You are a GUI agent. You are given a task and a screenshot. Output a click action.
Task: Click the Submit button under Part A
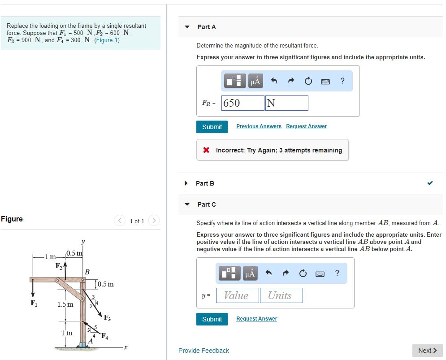[212, 127]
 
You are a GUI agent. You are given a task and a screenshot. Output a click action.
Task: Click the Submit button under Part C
[212, 319]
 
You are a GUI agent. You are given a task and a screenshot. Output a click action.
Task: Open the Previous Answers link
[259, 126]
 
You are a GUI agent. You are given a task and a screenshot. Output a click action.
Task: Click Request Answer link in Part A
[306, 126]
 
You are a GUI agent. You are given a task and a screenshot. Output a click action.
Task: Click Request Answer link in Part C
[256, 319]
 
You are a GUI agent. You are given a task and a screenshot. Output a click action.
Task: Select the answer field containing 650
[242, 103]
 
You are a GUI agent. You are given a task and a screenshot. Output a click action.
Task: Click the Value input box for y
[238, 295]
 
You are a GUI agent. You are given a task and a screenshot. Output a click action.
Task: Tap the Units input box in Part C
[281, 295]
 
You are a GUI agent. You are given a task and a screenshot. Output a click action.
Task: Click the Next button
[427, 351]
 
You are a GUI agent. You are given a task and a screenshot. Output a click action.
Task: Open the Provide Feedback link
[204, 351]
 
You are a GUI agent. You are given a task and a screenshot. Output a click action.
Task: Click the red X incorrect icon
[206, 150]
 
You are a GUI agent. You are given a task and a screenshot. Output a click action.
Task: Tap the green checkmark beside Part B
[430, 183]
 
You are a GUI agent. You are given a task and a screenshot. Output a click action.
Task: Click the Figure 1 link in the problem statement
[107, 40]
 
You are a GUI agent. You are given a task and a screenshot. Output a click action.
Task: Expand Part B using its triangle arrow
[186, 183]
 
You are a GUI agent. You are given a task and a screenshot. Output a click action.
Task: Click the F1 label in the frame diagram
[34, 304]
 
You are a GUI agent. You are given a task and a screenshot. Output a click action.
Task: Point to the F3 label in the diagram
[107, 317]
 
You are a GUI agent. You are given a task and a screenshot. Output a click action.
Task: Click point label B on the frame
[87, 272]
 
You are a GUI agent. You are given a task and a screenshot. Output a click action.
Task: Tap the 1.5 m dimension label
[65, 304]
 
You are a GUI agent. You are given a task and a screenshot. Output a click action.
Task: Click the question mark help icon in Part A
[342, 81]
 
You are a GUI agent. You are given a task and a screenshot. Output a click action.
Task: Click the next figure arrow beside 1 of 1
[154, 221]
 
